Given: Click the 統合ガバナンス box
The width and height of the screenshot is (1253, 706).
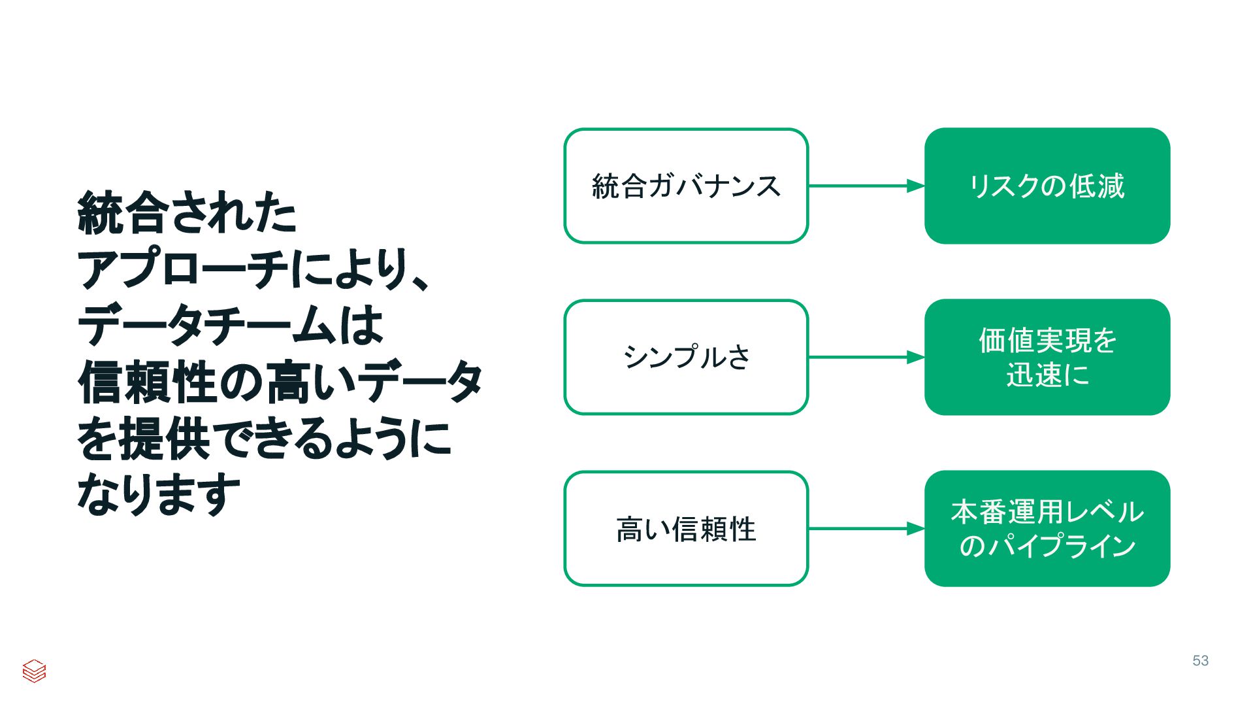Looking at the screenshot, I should pos(686,186).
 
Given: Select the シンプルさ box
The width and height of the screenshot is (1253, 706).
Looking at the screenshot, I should pos(686,357).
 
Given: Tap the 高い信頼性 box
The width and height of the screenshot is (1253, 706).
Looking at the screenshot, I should pos(686,528).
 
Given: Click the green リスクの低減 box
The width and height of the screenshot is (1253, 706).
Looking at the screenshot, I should pos(1047,186).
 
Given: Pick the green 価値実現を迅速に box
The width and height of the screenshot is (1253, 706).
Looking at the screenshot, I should pos(1047,357).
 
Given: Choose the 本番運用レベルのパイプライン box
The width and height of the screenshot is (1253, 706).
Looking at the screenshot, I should pos(1047,528).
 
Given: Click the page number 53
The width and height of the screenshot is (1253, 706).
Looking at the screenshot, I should pos(1200,661).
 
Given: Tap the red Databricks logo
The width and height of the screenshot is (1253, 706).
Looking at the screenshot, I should pos(34,671).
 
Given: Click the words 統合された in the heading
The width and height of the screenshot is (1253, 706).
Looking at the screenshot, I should pos(187,213).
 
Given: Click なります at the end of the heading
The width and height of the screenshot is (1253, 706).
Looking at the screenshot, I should pos(159,494).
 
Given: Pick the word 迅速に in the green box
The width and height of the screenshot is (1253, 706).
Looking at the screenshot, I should pos(1047,375).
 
